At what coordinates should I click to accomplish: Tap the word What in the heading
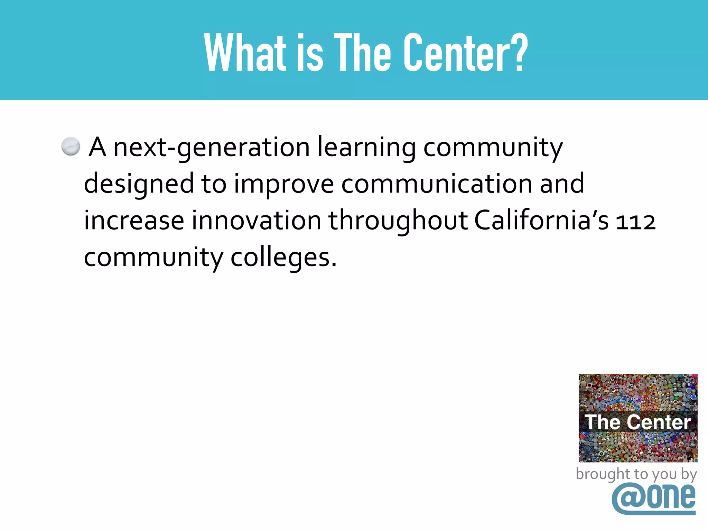245,53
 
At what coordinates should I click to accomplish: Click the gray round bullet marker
71,146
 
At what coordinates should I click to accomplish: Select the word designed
139,184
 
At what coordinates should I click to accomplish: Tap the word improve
284,184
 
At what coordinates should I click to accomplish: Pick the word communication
437,184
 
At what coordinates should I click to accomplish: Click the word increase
134,221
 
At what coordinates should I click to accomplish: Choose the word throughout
398,221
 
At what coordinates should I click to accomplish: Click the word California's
541,221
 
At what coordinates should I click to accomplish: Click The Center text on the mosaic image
638,422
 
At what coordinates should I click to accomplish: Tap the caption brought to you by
636,474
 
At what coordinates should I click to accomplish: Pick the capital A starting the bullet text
97,147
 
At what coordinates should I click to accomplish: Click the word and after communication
562,184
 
